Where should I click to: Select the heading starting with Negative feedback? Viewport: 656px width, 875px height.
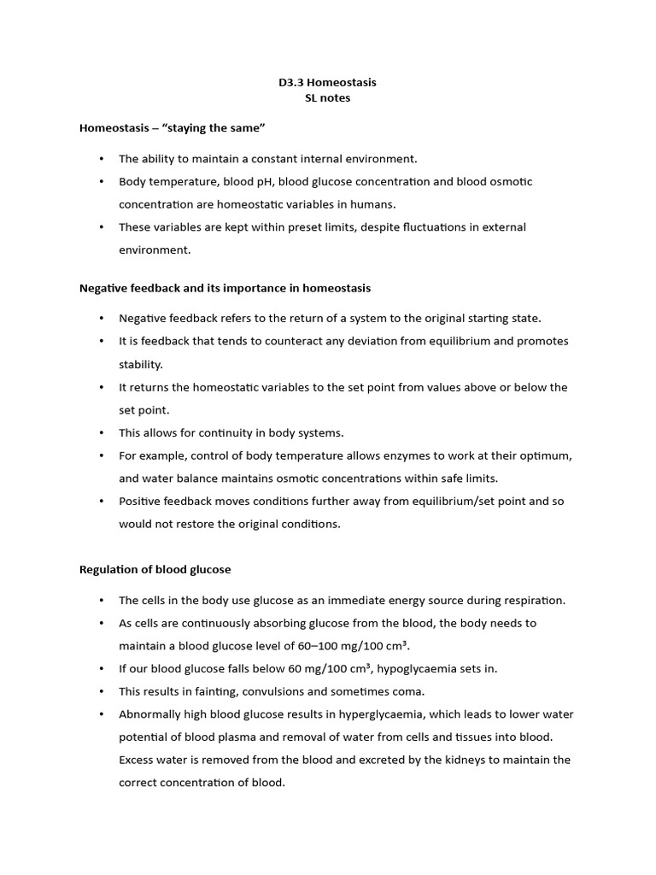(x=225, y=288)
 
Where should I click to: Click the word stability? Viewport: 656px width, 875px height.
(x=140, y=364)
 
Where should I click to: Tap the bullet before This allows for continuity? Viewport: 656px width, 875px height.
(x=101, y=432)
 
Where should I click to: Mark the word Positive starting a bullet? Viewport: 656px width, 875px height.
(x=141, y=501)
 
